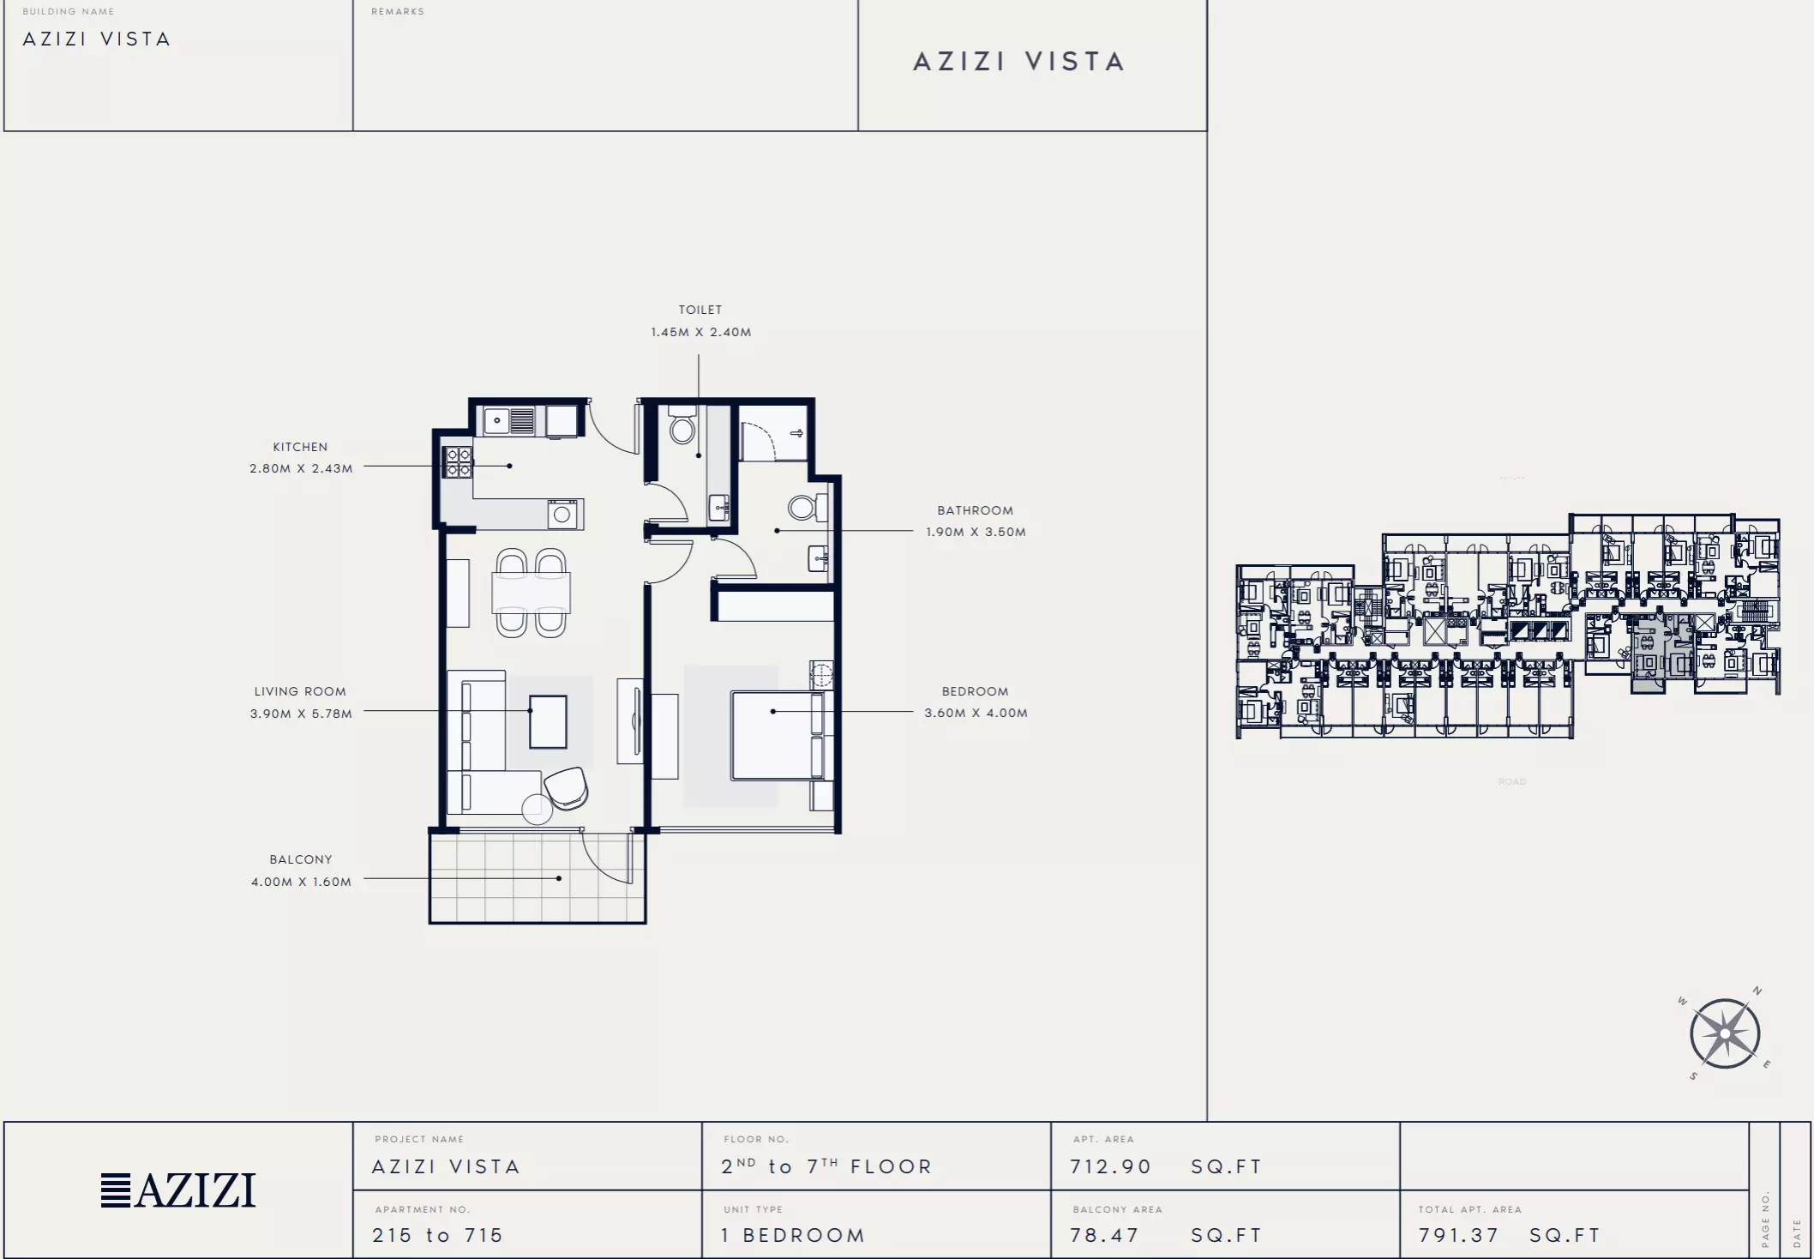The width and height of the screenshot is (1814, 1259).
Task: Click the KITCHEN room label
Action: [x=300, y=447]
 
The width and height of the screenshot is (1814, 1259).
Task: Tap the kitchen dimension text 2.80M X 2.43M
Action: [x=301, y=468]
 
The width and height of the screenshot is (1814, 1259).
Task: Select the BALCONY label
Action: [x=301, y=859]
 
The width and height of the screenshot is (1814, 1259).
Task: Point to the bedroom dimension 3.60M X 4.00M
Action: [x=976, y=713]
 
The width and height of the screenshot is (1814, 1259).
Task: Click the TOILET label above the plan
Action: [x=700, y=310]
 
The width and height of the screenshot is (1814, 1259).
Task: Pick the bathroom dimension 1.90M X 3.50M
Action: [x=976, y=532]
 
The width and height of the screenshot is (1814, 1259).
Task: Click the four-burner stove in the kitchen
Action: [x=457, y=462]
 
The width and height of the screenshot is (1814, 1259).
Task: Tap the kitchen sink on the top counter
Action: [x=510, y=420]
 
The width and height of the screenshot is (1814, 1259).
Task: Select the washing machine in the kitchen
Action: [x=562, y=515]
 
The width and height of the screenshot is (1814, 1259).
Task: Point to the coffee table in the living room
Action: [x=548, y=722]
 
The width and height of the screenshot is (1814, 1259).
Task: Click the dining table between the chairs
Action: [x=531, y=593]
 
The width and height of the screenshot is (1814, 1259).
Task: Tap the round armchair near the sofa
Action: [x=567, y=787]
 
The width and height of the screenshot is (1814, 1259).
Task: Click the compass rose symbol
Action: [x=1725, y=1033]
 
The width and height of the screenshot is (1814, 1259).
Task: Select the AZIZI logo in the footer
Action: [x=178, y=1190]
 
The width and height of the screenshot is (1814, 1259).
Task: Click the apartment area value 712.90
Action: [x=1110, y=1166]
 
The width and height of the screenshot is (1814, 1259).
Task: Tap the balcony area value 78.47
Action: [x=1104, y=1235]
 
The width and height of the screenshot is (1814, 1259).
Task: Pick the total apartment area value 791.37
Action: [x=1458, y=1235]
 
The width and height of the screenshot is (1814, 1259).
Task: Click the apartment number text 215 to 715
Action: [x=437, y=1235]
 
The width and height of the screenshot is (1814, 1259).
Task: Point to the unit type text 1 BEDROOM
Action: [x=793, y=1235]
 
